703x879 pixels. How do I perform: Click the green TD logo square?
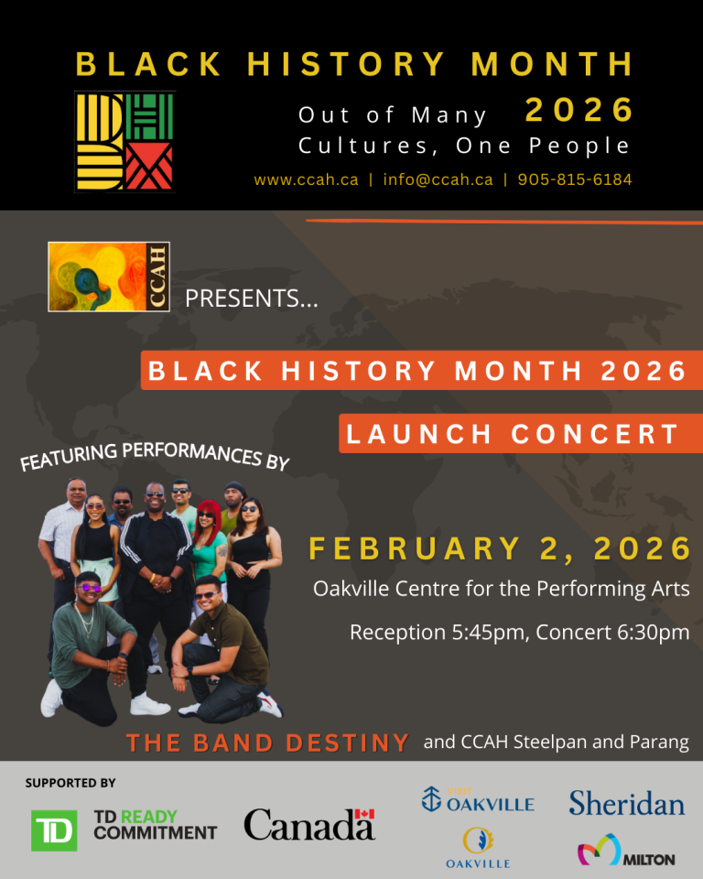coord(54,830)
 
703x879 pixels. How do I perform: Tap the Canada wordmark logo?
coord(309,824)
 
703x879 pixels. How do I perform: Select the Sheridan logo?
coord(627,803)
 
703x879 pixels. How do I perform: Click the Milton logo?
coord(626,850)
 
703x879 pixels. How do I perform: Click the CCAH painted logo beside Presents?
coord(109,277)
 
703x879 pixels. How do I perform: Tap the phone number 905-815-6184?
coord(575,179)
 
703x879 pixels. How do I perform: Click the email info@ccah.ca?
coord(438,179)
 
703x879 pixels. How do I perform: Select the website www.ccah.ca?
coord(306,180)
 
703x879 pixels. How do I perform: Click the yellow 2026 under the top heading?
coord(579,109)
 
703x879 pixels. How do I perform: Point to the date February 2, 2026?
coord(500,548)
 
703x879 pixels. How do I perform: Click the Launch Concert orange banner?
coord(521,433)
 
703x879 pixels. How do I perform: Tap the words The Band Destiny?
coord(268,743)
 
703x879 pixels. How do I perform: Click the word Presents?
coord(252,298)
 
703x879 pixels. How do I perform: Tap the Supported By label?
coord(70,783)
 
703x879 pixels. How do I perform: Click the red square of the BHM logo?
coord(148,167)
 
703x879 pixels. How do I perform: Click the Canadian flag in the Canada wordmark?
coord(364,814)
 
